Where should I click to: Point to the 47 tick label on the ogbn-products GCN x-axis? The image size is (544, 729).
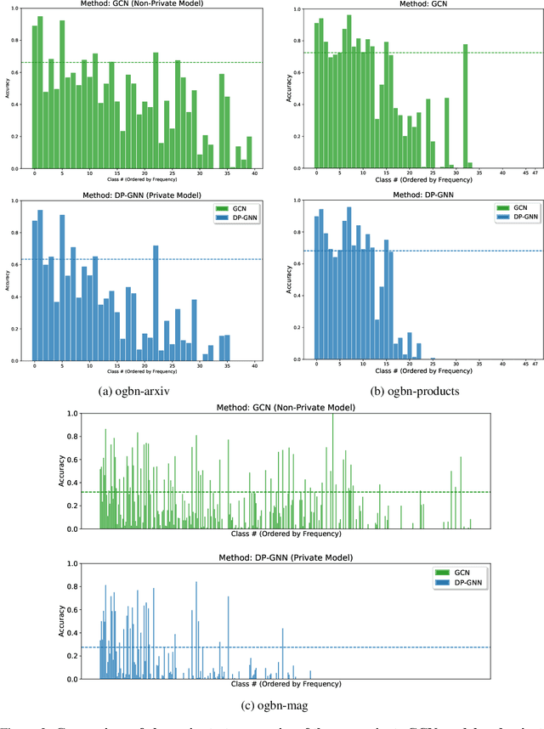[x=535, y=173]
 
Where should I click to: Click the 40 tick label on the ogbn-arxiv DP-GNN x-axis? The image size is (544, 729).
[x=255, y=365]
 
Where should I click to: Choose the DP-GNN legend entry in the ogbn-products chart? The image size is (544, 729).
[x=503, y=217]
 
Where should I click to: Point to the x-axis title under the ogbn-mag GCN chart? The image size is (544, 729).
[x=286, y=534]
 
